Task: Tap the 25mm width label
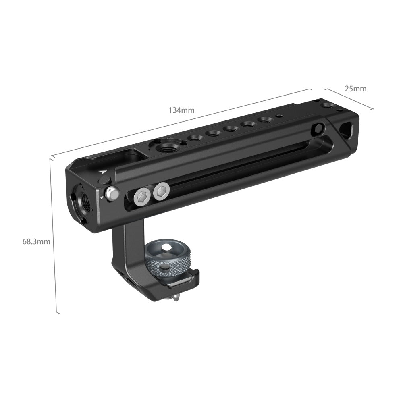click(x=355, y=89)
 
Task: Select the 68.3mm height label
click(x=36, y=242)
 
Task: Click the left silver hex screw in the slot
click(x=142, y=196)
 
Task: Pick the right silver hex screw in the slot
click(x=161, y=191)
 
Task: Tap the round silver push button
click(x=112, y=194)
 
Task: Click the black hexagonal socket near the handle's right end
click(x=319, y=129)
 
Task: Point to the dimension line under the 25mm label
click(x=349, y=99)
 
